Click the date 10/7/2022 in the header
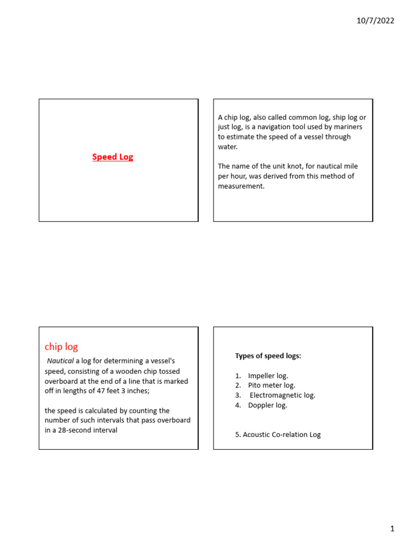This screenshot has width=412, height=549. point(376,21)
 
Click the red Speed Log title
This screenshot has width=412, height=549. point(113,157)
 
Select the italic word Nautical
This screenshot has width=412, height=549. point(60,361)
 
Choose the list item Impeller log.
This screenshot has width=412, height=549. point(268,375)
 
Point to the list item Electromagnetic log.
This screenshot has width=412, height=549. point(283,395)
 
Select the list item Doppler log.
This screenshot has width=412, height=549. point(267,405)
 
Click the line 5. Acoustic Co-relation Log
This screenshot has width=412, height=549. point(278,434)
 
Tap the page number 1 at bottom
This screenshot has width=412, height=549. point(392,529)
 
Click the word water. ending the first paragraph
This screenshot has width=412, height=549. point(227,146)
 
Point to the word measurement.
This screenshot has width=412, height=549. point(241,186)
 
